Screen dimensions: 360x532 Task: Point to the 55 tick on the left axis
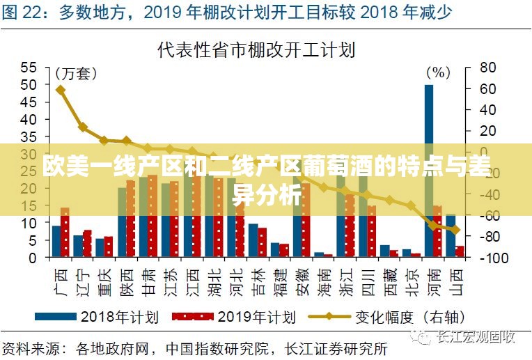pos(28,68)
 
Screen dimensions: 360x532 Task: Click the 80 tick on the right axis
pos(487,68)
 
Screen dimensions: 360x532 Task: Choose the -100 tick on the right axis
pos(490,258)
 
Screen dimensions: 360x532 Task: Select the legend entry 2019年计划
pos(233,317)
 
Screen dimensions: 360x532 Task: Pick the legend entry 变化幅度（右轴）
pos(386,317)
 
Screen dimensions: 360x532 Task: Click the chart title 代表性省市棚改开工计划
pos(257,49)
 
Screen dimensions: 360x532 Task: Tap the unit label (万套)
pos(76,73)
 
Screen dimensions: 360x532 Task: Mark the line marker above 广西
pos(61,90)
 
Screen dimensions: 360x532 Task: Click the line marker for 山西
pos(455,230)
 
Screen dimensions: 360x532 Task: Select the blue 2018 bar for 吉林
pos(253,240)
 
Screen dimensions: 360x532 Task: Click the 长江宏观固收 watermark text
pos(474,338)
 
